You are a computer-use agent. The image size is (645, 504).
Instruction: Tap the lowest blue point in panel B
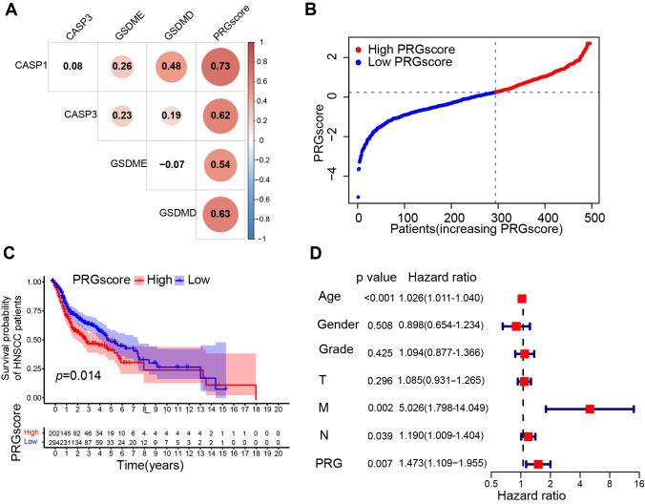click(x=359, y=197)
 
